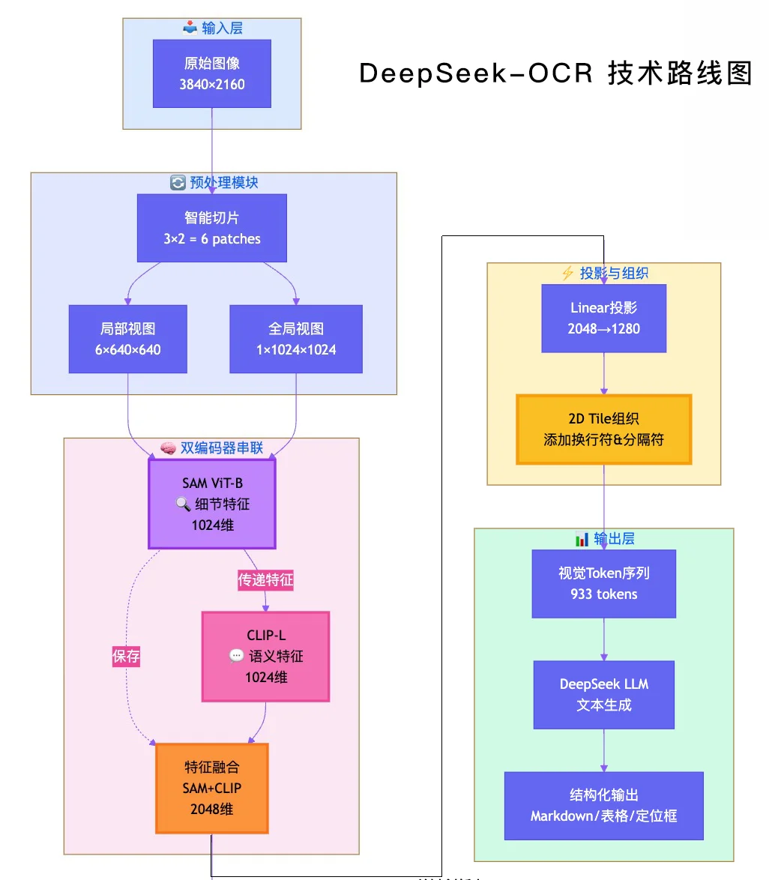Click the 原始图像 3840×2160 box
(212, 73)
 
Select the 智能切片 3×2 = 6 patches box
(212, 228)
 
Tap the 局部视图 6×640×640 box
(127, 339)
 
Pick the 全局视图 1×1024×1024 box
(296, 339)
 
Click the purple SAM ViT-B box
(212, 504)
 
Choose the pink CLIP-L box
(265, 656)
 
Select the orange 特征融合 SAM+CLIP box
(212, 788)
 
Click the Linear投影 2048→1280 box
(604, 318)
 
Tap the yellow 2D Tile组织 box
(604, 429)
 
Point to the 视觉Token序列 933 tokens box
(604, 583)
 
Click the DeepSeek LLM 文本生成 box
(604, 694)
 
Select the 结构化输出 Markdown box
(604, 805)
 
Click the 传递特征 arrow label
(265, 580)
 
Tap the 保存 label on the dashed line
(126, 657)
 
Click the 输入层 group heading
(213, 28)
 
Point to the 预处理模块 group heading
(214, 183)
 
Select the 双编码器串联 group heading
(212, 448)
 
